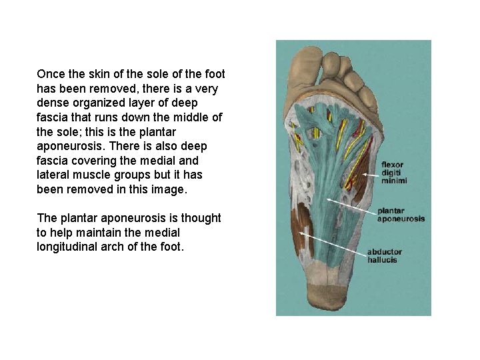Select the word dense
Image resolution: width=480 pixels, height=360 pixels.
(53, 103)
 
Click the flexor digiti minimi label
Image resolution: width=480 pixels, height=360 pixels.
(393, 173)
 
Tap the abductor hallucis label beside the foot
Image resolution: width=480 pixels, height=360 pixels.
(385, 256)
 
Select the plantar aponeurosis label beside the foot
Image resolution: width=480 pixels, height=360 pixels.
(400, 215)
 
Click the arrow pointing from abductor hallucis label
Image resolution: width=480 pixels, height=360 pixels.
(333, 243)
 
